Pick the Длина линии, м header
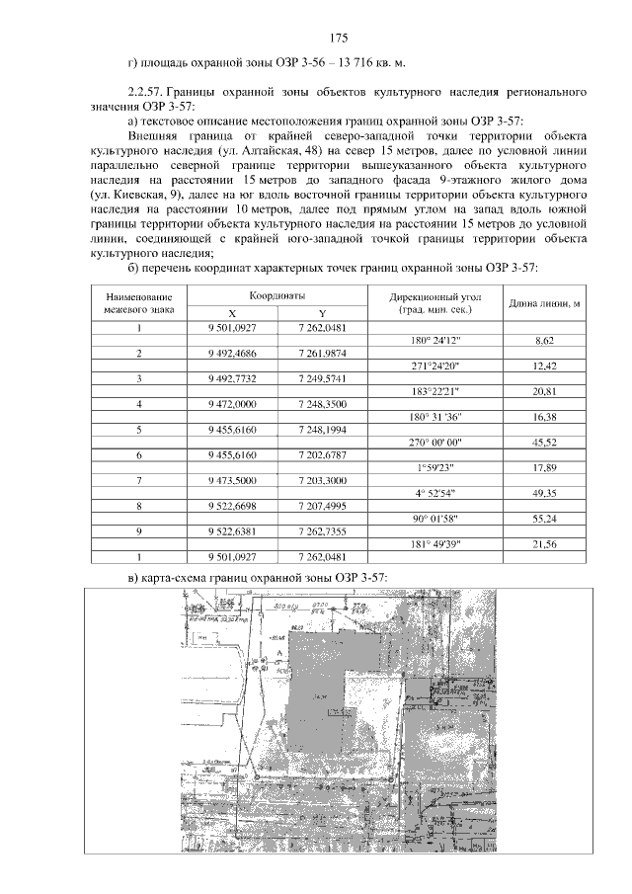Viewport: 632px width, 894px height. [x=543, y=302]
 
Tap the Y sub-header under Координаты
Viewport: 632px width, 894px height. [x=321, y=312]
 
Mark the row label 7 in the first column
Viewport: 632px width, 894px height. [x=139, y=480]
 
